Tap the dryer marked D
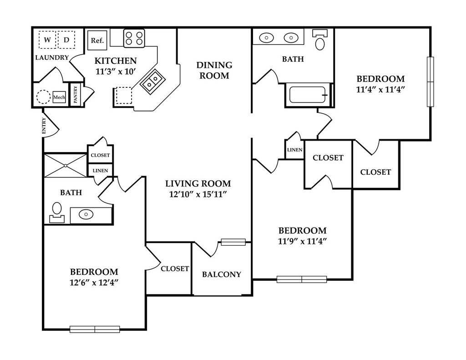[66, 40]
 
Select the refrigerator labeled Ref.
[97, 40]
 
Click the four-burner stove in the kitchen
[134, 38]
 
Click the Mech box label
[59, 97]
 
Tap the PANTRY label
[75, 95]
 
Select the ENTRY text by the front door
[44, 125]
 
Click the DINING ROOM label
[214, 70]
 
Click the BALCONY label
[222, 274]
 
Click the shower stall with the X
[66, 165]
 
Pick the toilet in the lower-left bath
[57, 212]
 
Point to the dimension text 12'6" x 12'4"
[94, 282]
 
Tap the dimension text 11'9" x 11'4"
[303, 241]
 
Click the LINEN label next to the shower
[100, 170]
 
